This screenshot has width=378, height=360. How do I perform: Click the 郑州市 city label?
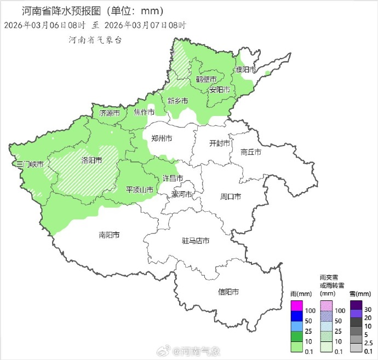pos(162,139)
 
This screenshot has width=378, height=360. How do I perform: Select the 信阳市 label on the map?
pos(228,292)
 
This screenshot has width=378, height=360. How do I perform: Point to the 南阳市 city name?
pos(109,235)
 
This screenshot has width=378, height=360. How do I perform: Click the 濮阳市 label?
pos(245,69)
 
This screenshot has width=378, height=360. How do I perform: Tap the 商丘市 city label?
pos(251,153)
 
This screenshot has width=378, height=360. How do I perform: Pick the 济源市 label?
pos(110,113)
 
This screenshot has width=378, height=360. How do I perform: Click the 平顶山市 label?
pos(140,189)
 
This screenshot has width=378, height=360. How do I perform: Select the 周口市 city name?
pos(231,196)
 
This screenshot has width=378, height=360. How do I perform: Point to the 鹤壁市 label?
pos(206,79)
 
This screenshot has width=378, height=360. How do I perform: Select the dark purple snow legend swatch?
pos(356,305)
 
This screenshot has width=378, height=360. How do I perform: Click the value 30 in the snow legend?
pos(368,310)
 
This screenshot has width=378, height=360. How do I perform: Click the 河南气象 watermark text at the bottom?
pos(200,350)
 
